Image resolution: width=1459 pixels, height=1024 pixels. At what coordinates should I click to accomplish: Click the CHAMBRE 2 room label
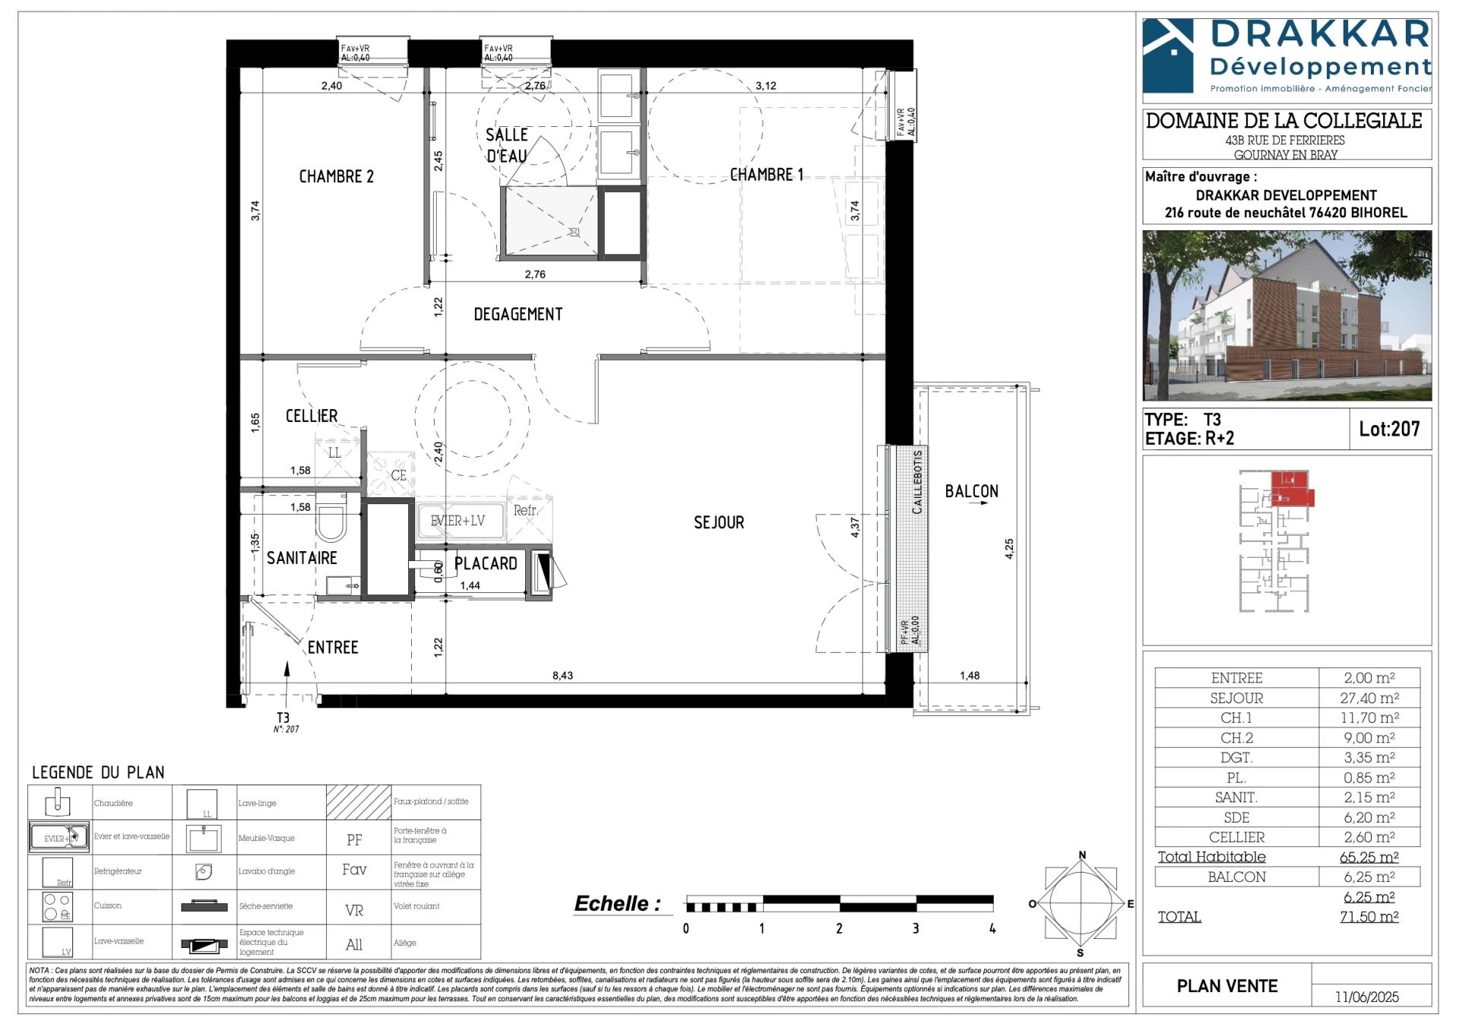[x=336, y=176]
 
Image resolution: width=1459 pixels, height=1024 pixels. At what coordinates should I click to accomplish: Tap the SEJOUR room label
[x=719, y=522]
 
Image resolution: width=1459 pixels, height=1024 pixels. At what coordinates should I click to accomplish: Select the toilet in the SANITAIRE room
[x=331, y=522]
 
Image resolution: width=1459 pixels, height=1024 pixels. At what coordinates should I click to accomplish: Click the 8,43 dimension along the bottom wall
[x=562, y=675]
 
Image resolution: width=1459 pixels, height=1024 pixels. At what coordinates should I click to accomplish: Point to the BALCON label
[x=971, y=491]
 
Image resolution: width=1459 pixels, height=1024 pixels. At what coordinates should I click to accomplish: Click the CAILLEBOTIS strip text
[x=917, y=481]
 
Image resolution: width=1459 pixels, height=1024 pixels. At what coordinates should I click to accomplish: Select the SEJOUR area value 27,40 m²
[x=1369, y=698]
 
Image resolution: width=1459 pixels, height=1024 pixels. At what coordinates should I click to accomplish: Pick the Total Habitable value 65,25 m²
[x=1369, y=857]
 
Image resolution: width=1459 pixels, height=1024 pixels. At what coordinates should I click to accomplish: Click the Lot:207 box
[x=1389, y=429]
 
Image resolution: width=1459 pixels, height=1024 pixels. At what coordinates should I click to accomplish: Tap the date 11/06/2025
[x=1366, y=997]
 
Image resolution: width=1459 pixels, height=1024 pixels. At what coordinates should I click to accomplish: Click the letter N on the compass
[x=1082, y=855]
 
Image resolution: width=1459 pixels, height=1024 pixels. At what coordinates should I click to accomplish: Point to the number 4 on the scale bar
[x=992, y=928]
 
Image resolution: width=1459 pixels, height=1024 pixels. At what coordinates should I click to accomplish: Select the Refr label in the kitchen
[x=524, y=510]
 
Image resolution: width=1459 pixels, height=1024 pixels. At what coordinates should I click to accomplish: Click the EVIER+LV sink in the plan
[x=457, y=521]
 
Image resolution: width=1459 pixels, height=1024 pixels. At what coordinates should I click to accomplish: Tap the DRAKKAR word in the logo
[x=1320, y=35]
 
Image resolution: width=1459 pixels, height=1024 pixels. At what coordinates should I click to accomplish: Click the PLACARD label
[x=486, y=563]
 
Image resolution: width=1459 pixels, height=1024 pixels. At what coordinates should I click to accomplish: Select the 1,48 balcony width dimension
[x=970, y=675]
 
